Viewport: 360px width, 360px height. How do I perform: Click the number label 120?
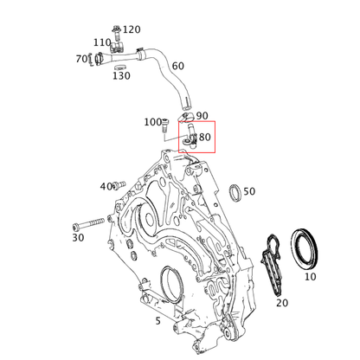coord(132,29)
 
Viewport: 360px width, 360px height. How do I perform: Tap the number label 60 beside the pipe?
coord(177,67)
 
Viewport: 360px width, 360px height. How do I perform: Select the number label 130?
coord(121,76)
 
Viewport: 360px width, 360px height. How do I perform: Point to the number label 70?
coord(82,59)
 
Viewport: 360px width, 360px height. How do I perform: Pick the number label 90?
coord(202,115)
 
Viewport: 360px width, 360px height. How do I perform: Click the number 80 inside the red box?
coord(205,137)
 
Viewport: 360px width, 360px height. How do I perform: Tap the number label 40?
coord(106,186)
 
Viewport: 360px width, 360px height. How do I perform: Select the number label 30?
coord(78,237)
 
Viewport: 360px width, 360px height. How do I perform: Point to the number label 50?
coord(249,191)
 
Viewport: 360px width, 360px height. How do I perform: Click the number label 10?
coord(310,277)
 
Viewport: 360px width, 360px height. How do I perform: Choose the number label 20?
coord(281,303)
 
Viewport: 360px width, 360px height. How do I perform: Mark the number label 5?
coord(157,321)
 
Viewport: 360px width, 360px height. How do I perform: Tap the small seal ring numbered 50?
coord(233,191)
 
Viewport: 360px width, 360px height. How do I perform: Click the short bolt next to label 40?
coord(120,184)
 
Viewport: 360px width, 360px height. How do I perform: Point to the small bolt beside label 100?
coord(164,127)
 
